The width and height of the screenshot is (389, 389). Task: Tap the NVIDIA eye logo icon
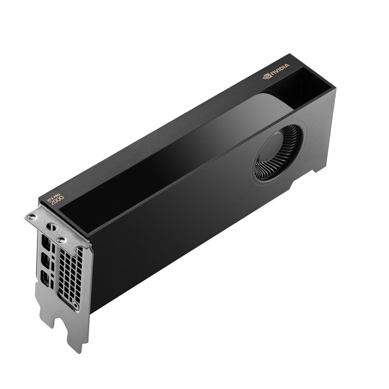point(266,76)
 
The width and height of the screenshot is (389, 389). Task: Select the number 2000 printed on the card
point(57,200)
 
